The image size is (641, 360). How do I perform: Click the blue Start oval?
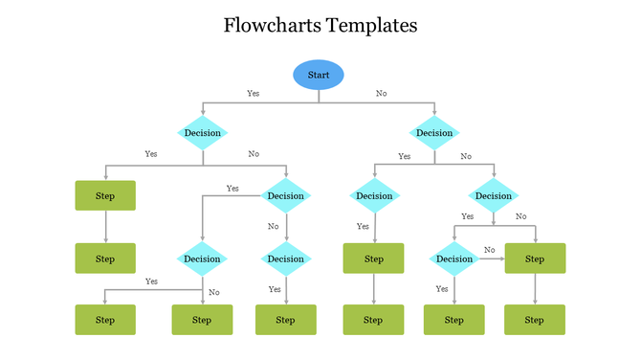pos(318,75)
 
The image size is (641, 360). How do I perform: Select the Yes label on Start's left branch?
pos(253,94)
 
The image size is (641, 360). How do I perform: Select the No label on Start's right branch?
pos(382,94)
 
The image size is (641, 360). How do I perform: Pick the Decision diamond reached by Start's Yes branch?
pos(202,133)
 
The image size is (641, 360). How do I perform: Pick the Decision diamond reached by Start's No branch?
pos(434,133)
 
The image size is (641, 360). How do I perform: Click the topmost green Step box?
pos(105,195)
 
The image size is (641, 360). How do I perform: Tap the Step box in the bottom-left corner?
pos(105,320)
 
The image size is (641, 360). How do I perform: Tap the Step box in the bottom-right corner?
pos(535,320)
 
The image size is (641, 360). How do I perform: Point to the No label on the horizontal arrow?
pos(489,250)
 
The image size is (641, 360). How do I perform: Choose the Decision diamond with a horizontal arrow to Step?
pos(454,259)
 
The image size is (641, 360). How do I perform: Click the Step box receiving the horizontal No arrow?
pos(535,259)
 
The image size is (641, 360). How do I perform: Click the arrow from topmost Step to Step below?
pos(105,227)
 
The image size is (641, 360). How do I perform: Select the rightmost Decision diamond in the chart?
pos(494,195)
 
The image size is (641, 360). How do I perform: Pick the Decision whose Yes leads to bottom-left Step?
pos(202,259)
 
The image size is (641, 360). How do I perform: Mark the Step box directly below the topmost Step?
pos(105,259)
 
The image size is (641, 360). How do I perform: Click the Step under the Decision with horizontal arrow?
pos(454,320)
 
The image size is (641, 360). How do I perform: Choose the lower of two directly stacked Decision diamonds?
pos(285,259)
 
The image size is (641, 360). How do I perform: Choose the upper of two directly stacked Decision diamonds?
pos(285,195)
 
